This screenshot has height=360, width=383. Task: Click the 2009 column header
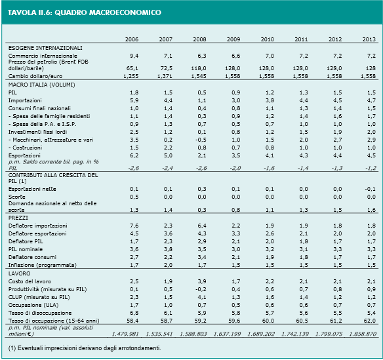point(233,39)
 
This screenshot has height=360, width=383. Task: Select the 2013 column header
point(369,39)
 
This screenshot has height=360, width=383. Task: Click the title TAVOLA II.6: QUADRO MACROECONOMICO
point(85,12)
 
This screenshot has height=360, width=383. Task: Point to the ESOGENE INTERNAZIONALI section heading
point(45,48)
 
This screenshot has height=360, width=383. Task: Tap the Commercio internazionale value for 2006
point(134,56)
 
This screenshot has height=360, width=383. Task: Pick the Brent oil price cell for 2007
point(167,68)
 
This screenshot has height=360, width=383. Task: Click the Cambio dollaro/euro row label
point(35,76)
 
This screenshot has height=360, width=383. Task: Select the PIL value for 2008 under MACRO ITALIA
point(202,93)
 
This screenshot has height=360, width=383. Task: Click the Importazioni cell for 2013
point(371,100)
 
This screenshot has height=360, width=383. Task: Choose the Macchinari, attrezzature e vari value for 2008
point(201,140)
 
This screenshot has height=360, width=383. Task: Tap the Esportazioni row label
point(24,155)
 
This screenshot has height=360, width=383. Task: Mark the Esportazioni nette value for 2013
point(371,189)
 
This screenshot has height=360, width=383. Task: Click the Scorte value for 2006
point(134,197)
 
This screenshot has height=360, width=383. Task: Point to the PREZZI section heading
point(18,218)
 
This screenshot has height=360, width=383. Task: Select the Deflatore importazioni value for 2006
point(134,226)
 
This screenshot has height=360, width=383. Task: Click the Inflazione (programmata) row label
point(42,265)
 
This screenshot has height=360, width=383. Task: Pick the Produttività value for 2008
point(201,289)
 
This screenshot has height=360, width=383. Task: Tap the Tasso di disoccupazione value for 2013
point(371,313)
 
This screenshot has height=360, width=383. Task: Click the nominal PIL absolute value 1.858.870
point(363,334)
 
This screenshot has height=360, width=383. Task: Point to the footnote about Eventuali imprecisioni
point(85,348)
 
